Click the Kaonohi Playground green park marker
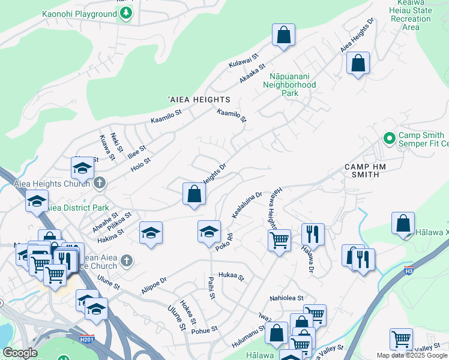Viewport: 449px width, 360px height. [x=125, y=14]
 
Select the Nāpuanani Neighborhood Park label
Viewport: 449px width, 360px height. [x=290, y=85]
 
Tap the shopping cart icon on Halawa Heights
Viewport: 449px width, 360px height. [x=279, y=241]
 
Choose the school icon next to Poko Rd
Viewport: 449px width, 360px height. [x=209, y=232]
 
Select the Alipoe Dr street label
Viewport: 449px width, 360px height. [x=155, y=284]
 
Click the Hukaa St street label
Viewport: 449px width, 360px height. [x=232, y=276]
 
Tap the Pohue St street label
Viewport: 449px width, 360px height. [x=205, y=329]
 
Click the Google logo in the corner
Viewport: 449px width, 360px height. [x=20, y=353]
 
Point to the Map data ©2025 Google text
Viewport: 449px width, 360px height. [x=412, y=355]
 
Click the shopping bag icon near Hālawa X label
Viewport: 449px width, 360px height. [x=403, y=224]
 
